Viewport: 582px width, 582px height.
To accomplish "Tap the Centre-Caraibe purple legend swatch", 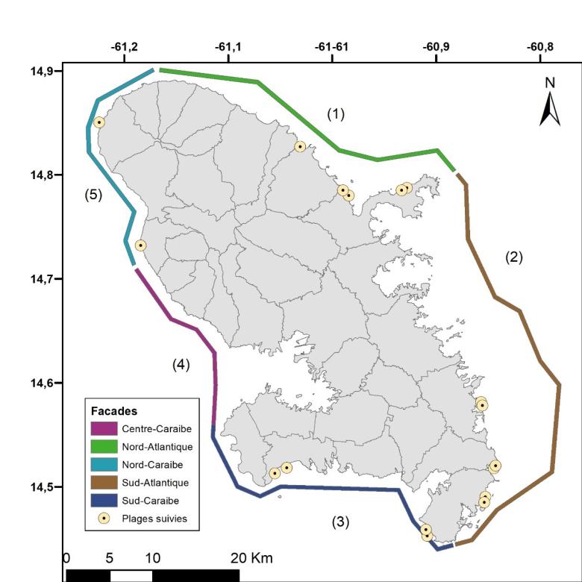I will pos(104,429).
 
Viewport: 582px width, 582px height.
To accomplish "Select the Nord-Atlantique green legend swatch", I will pos(104,447).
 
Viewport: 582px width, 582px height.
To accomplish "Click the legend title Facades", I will pos(113,411).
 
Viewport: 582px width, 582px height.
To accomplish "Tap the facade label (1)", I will pos(336,113).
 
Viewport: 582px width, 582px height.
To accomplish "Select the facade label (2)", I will pos(513,257).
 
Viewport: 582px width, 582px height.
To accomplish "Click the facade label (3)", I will pos(341,522).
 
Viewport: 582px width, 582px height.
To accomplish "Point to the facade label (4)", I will pos(181,365).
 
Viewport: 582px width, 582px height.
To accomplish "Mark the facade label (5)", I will pos(93,195).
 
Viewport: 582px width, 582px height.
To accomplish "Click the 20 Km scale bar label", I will pos(251,559).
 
